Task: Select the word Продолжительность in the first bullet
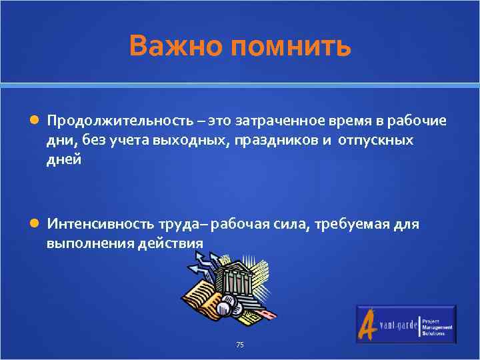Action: point(119,121)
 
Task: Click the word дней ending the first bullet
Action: point(64,160)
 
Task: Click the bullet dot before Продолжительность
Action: point(34,121)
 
